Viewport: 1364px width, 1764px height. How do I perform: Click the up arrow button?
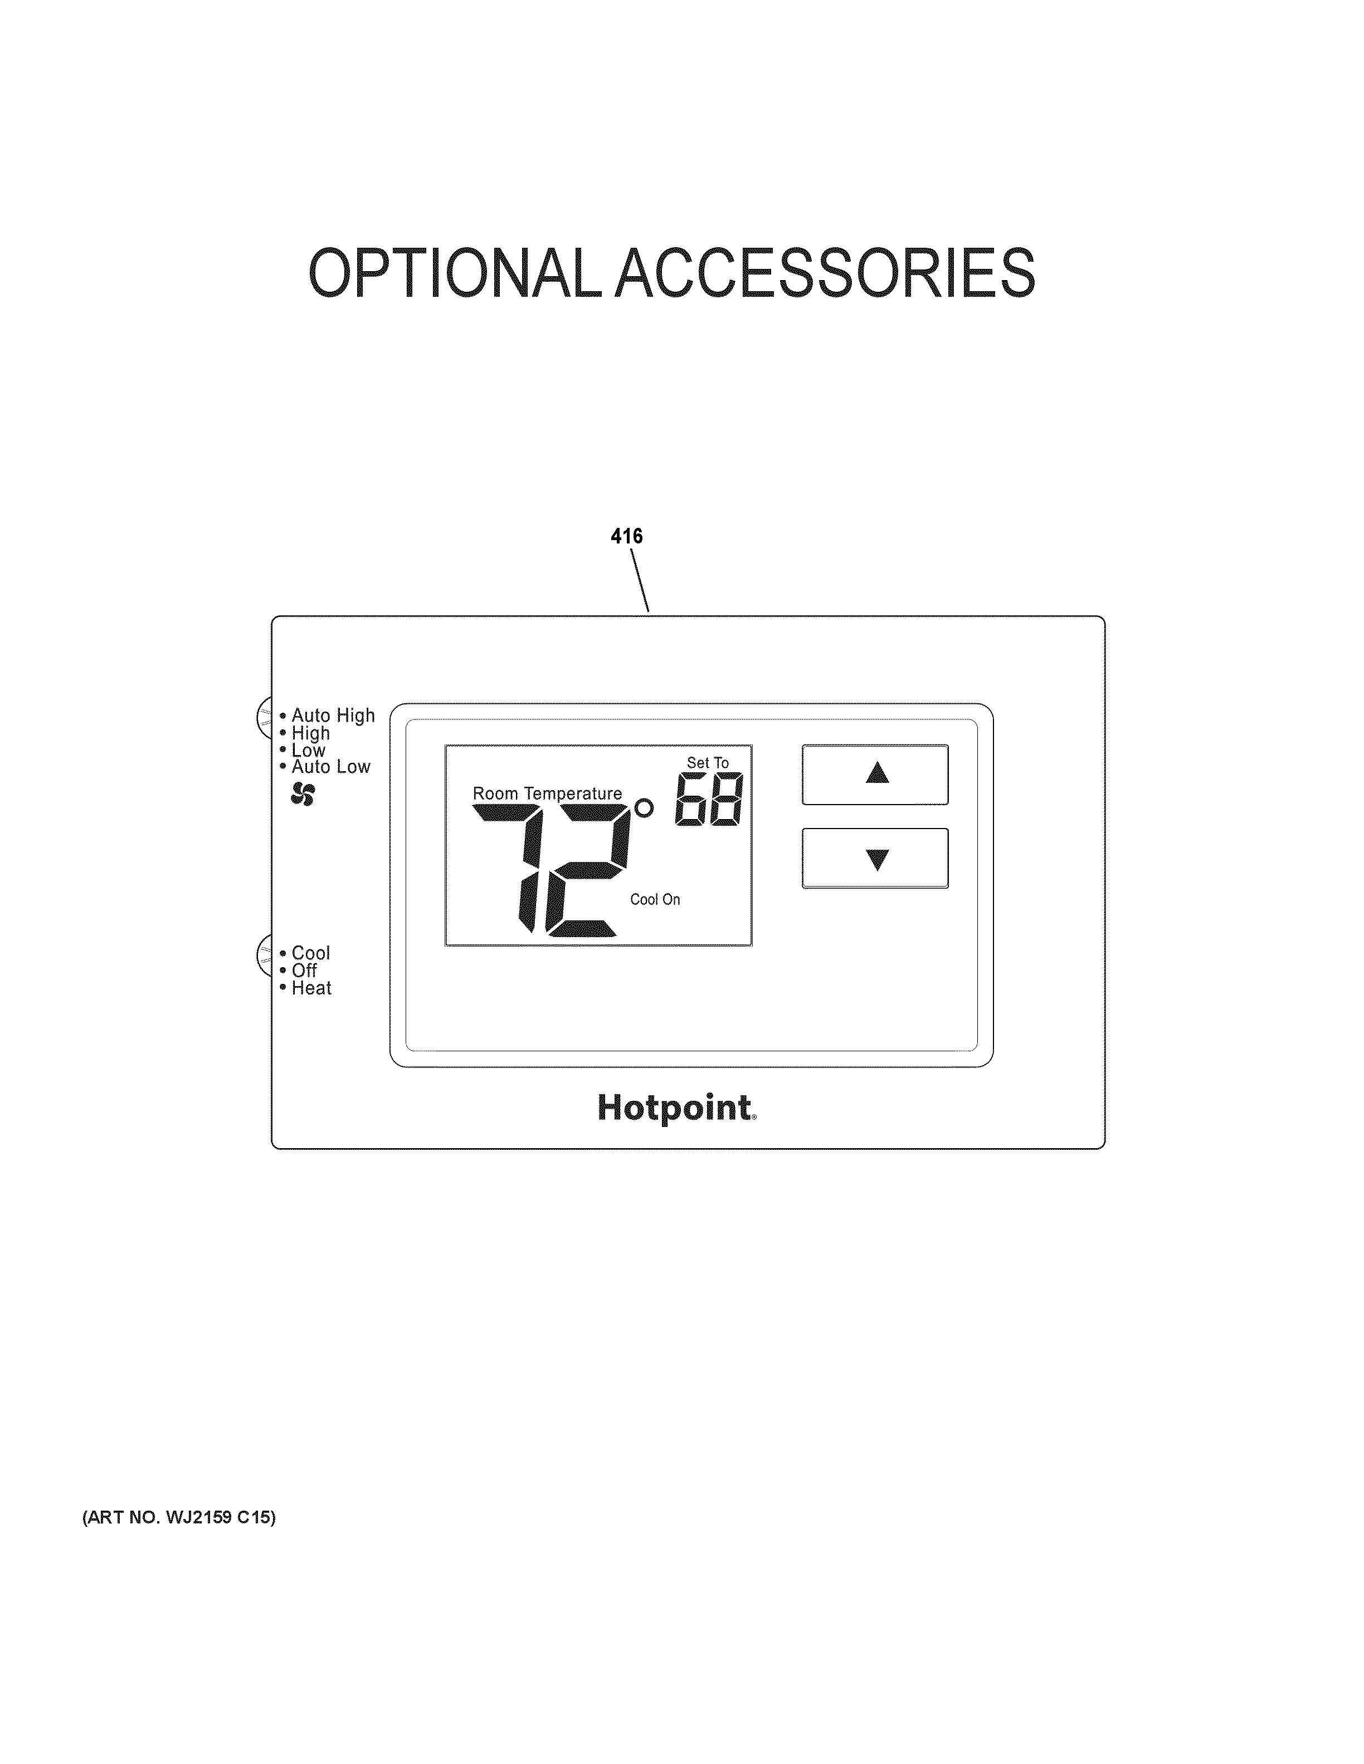coord(875,774)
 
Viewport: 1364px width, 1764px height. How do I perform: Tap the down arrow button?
coord(875,857)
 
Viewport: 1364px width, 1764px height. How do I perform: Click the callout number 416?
coord(626,536)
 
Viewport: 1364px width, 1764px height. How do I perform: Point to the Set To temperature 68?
coord(709,800)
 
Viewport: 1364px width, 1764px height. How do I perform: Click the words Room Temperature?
coord(547,793)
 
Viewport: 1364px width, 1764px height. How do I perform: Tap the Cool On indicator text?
coord(655,899)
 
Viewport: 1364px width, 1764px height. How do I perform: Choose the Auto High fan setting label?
coord(333,716)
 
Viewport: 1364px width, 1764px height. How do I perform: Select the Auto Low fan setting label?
coord(330,767)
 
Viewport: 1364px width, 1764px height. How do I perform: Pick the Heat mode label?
coord(311,988)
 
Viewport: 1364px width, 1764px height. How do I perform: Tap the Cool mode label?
coord(310,953)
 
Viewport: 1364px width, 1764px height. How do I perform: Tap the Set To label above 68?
coord(707,762)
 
